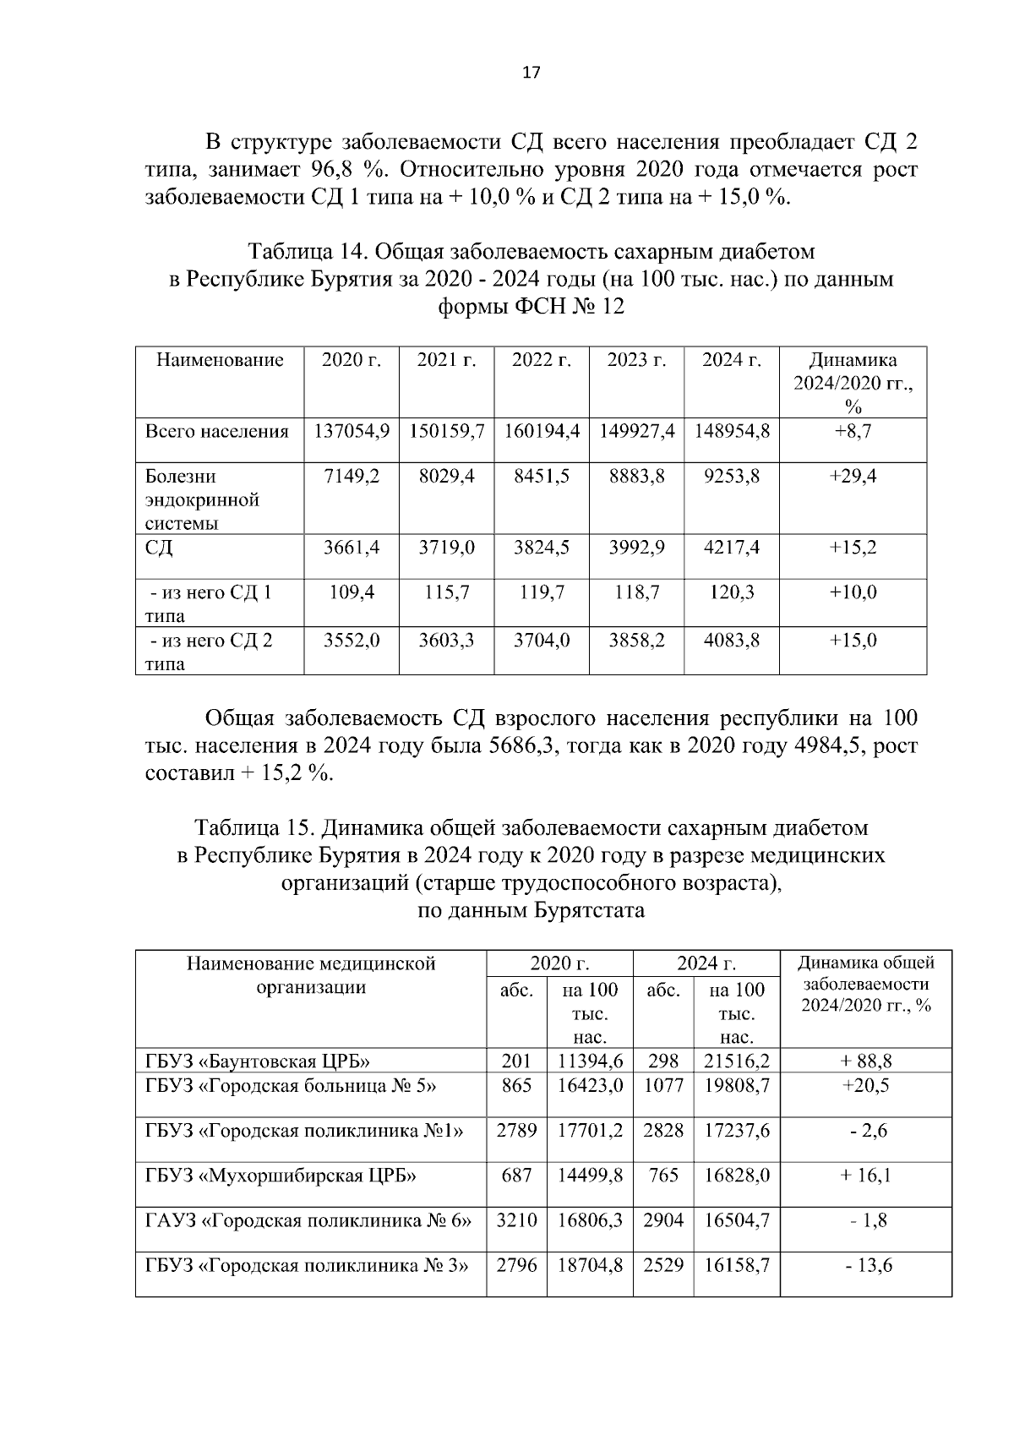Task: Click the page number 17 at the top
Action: [531, 73]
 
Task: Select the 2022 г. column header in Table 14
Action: [542, 360]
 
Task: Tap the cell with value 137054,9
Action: [352, 431]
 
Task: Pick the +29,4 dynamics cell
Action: [853, 477]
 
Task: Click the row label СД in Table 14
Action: [159, 548]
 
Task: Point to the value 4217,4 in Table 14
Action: [732, 548]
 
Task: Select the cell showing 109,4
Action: [352, 592]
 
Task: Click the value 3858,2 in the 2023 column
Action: [637, 641]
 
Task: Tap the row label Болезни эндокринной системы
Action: [202, 499]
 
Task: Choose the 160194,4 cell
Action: [542, 431]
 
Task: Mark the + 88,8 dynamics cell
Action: [865, 1061]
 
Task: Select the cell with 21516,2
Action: [737, 1061]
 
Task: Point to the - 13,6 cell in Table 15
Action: [865, 1265]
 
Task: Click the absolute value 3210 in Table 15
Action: [516, 1220]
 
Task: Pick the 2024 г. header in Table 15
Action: [706, 963]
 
